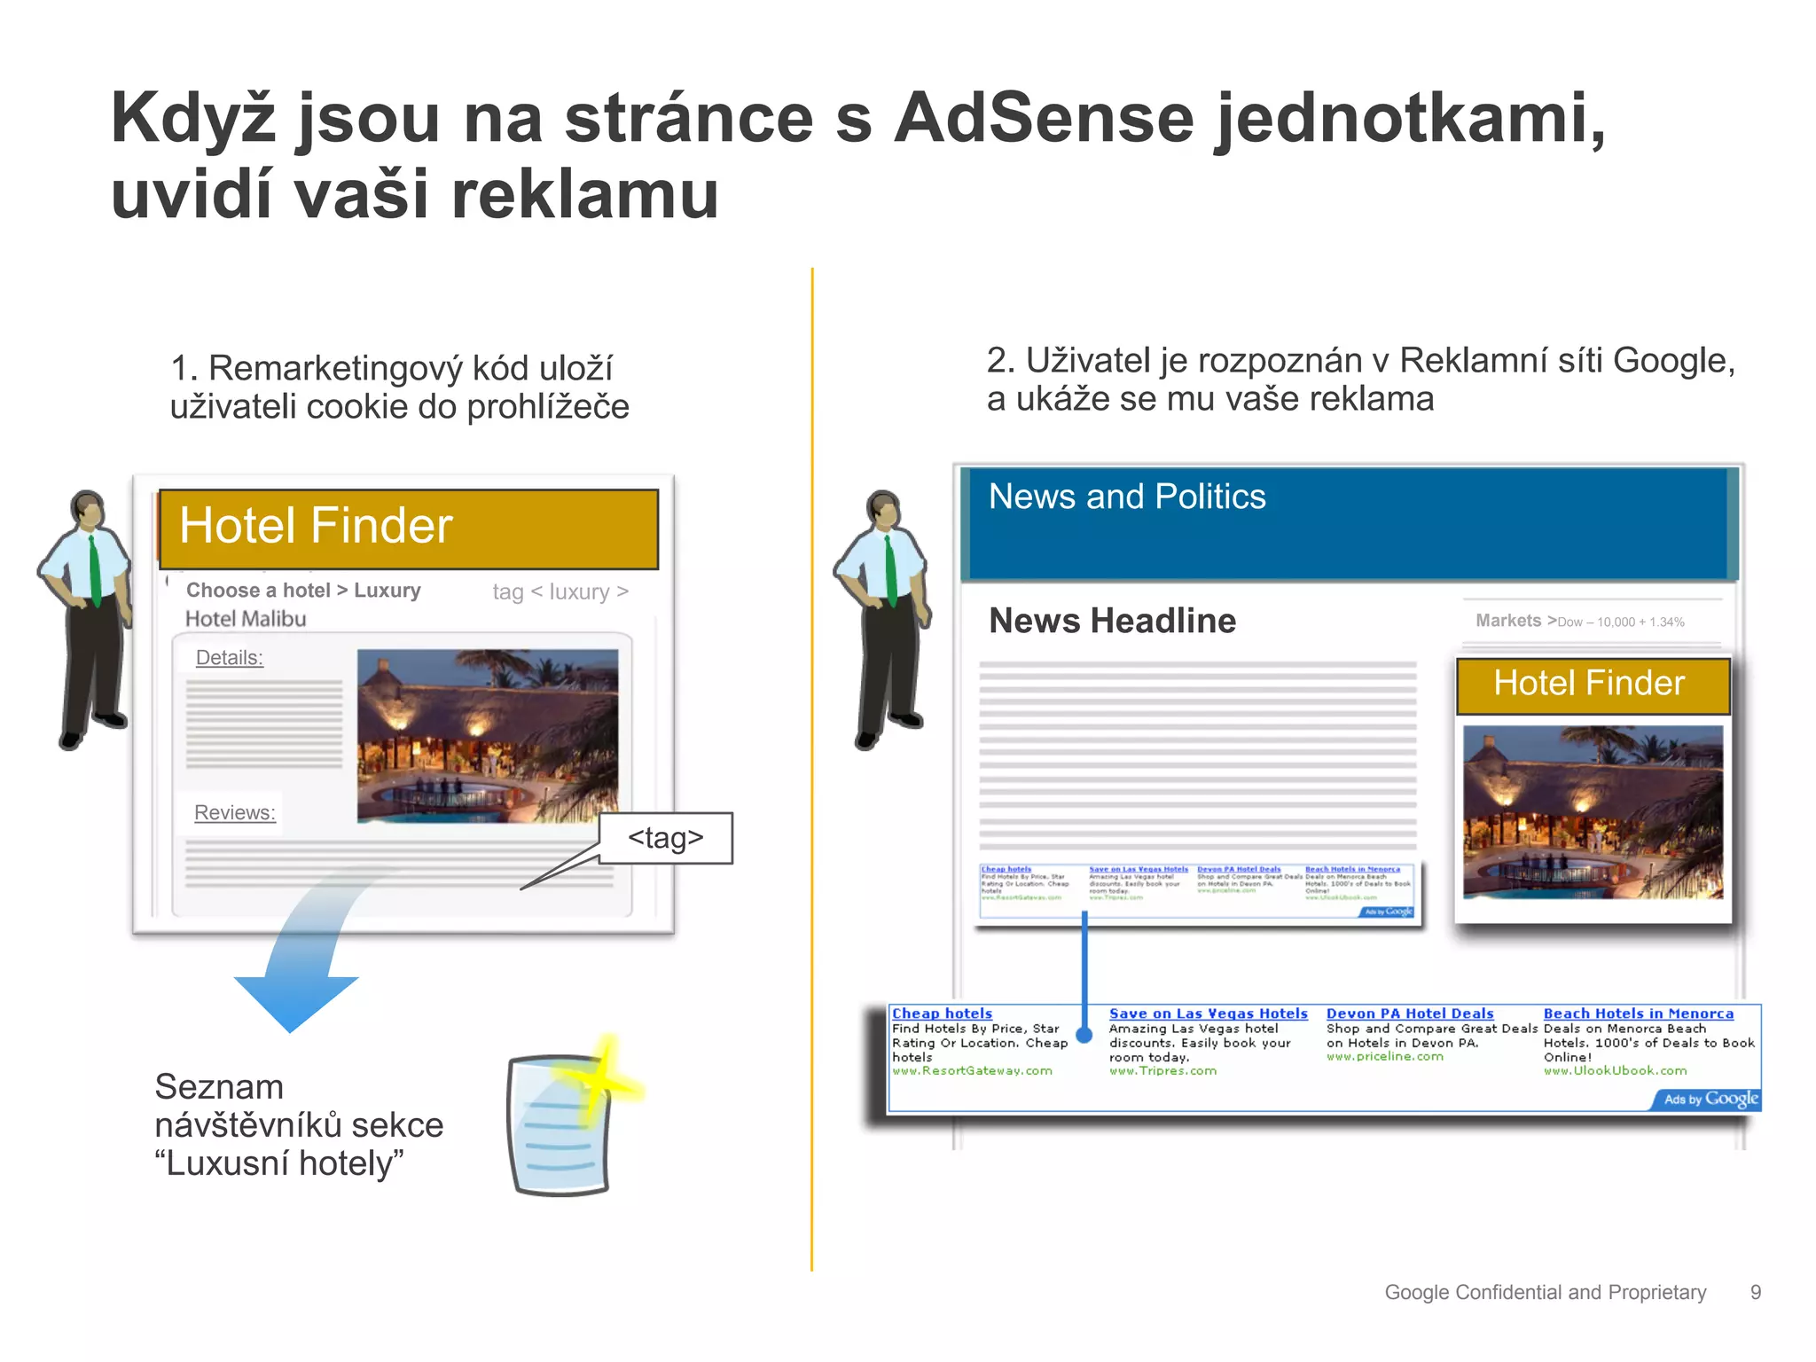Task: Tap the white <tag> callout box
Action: click(666, 838)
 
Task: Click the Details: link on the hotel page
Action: click(229, 658)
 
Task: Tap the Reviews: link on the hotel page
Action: click(235, 812)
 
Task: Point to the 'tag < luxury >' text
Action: click(560, 591)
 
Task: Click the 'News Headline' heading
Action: click(1112, 621)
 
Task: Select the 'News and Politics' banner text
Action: click(1127, 497)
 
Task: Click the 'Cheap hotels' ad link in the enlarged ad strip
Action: click(942, 1014)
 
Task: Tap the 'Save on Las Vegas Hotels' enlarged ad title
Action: click(1208, 1014)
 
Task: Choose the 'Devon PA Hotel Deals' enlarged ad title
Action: click(1409, 1014)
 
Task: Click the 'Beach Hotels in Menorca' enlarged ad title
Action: click(1638, 1014)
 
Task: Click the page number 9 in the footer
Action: click(1755, 1293)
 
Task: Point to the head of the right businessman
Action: click(883, 510)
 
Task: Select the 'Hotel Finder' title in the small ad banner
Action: click(1589, 683)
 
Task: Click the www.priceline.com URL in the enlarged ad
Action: click(1384, 1057)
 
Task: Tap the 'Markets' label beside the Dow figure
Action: click(1507, 621)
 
